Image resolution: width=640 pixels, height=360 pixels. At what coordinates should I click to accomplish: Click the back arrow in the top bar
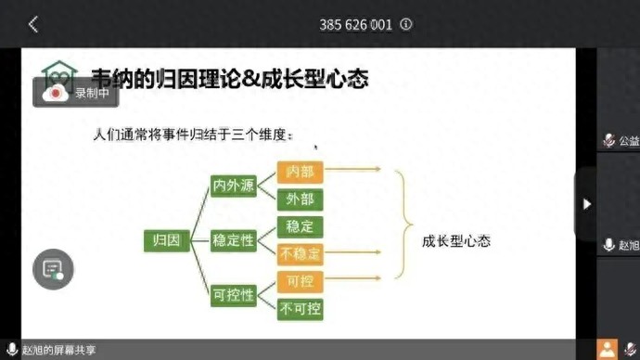click(x=33, y=25)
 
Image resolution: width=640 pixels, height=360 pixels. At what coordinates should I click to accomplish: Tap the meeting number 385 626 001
click(x=355, y=25)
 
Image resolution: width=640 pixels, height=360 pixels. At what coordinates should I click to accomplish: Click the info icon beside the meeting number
click(x=406, y=25)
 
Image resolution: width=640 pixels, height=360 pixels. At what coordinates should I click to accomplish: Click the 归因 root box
click(x=166, y=241)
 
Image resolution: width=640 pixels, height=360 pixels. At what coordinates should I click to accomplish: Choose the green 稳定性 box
click(x=233, y=241)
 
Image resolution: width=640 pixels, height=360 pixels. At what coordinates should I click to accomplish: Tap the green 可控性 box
click(x=233, y=295)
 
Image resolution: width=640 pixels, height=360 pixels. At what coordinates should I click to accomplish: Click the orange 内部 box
click(x=300, y=171)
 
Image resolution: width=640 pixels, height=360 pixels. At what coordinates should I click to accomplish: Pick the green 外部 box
click(x=300, y=199)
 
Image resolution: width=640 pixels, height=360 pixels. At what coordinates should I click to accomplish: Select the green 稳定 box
click(x=300, y=226)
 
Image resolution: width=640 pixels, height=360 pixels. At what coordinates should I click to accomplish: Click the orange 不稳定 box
click(x=300, y=253)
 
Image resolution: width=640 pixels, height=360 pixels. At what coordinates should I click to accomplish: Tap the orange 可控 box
click(x=300, y=281)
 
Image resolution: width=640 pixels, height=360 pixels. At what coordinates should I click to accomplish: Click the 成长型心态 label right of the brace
click(x=455, y=241)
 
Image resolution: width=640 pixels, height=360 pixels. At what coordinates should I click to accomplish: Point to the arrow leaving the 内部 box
click(x=353, y=170)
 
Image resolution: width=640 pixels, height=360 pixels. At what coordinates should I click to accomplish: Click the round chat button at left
click(x=53, y=270)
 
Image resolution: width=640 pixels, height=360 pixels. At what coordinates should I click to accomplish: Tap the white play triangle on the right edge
click(x=586, y=204)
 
